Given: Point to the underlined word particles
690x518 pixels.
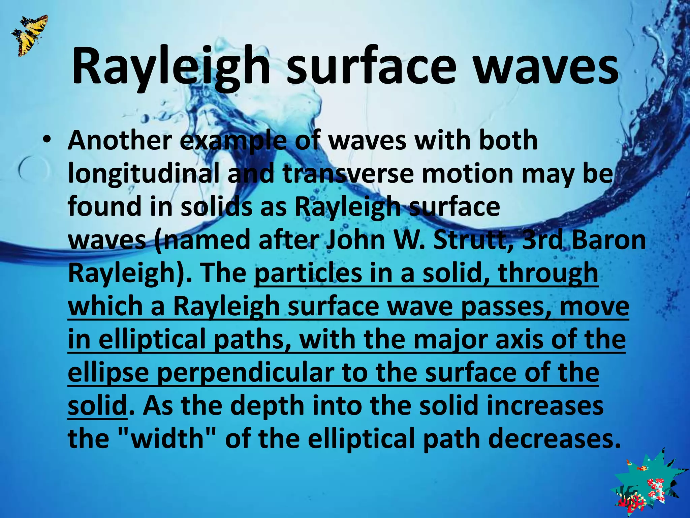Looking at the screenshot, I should [x=308, y=274].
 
